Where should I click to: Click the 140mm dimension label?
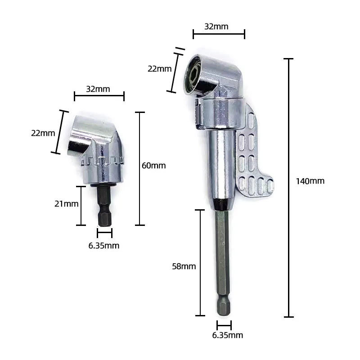(310, 181)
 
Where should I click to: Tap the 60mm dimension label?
(153, 166)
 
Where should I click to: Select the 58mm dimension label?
(184, 266)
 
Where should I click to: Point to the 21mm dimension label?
(66, 204)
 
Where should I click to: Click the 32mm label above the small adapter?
(98, 89)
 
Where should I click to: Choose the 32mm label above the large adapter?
(216, 27)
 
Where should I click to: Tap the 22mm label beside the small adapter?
(43, 133)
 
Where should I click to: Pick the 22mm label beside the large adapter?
(160, 69)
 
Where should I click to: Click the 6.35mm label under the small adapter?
(104, 246)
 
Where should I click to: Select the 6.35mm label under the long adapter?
(228, 335)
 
